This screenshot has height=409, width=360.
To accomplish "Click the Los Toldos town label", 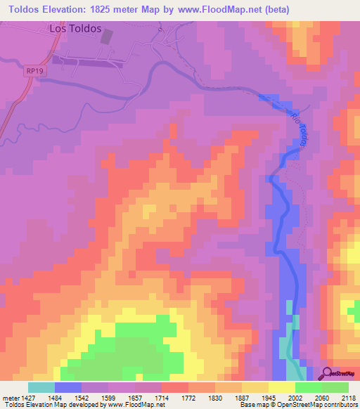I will [x=76, y=29].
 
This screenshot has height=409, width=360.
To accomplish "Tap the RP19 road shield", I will [x=32, y=71].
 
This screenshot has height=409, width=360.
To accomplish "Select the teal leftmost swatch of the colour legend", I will [x=41, y=387].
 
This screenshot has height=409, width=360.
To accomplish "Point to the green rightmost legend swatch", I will [x=335, y=387].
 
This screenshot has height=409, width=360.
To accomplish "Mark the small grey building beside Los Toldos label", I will [x=106, y=37].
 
